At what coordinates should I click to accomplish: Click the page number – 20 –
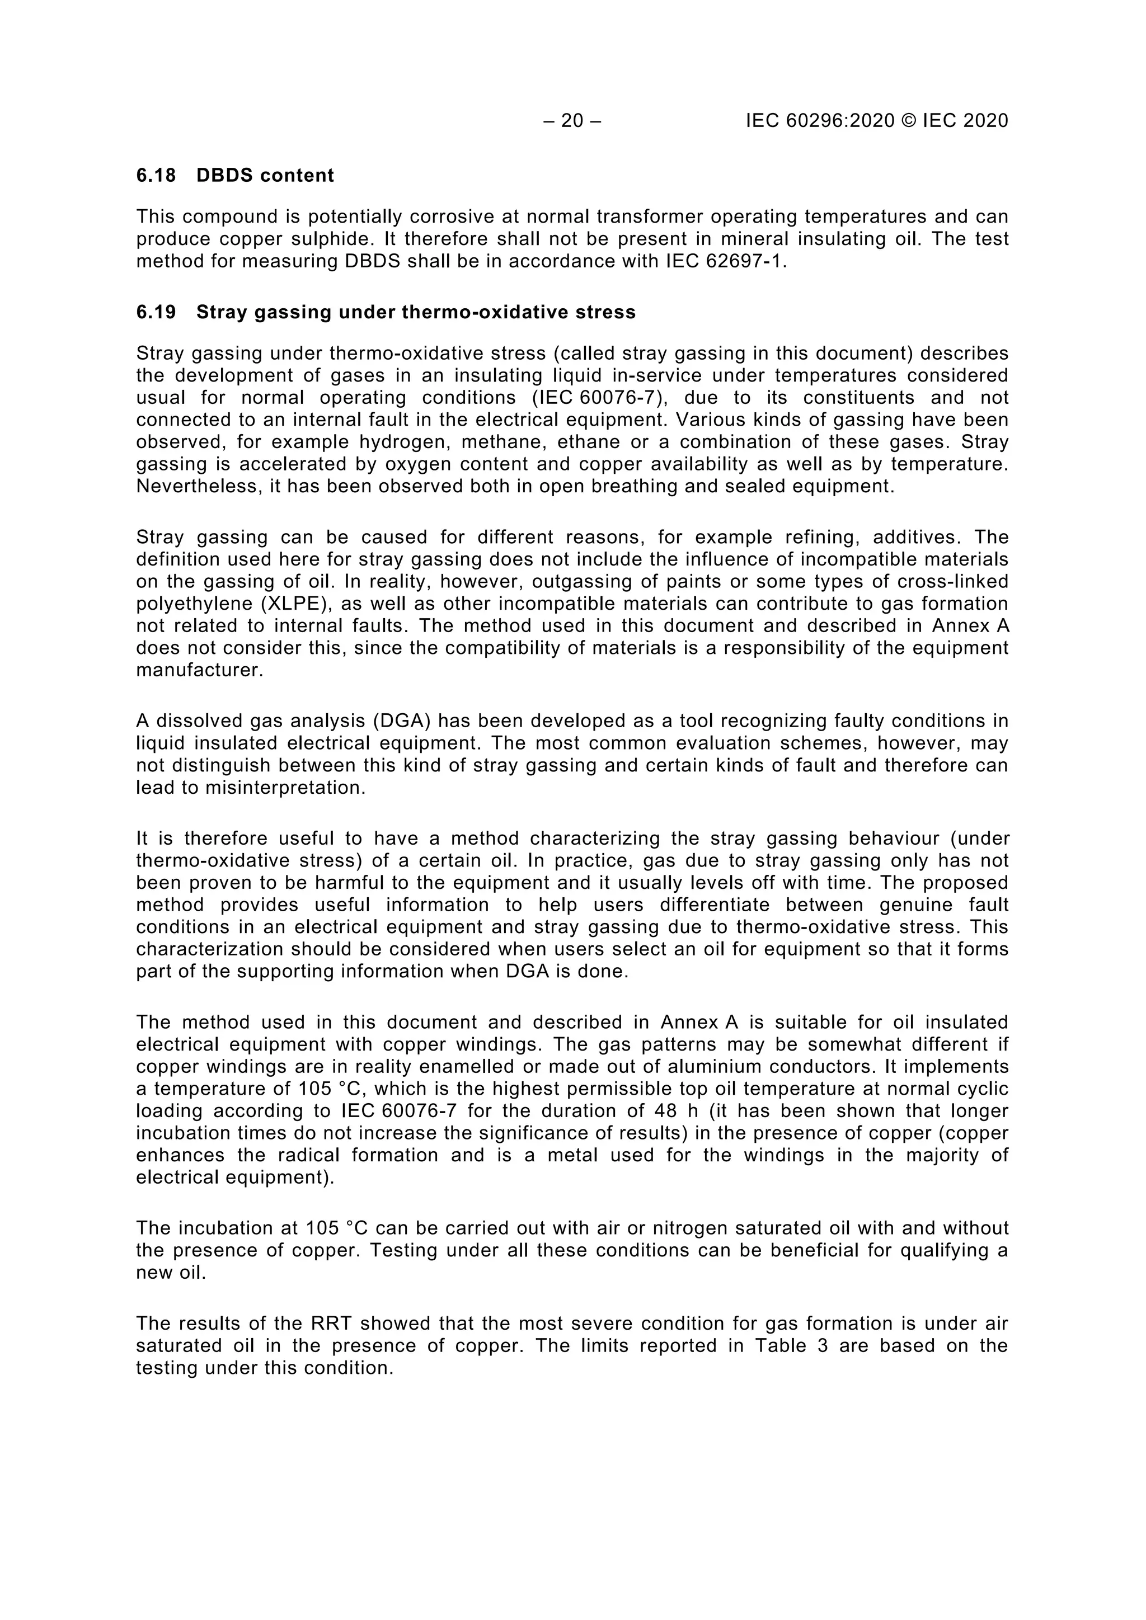[572, 121]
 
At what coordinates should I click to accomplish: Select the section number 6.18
[156, 175]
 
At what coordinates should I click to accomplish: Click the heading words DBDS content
[265, 175]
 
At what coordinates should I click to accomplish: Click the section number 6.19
[156, 312]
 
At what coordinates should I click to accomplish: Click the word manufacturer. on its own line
[200, 670]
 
